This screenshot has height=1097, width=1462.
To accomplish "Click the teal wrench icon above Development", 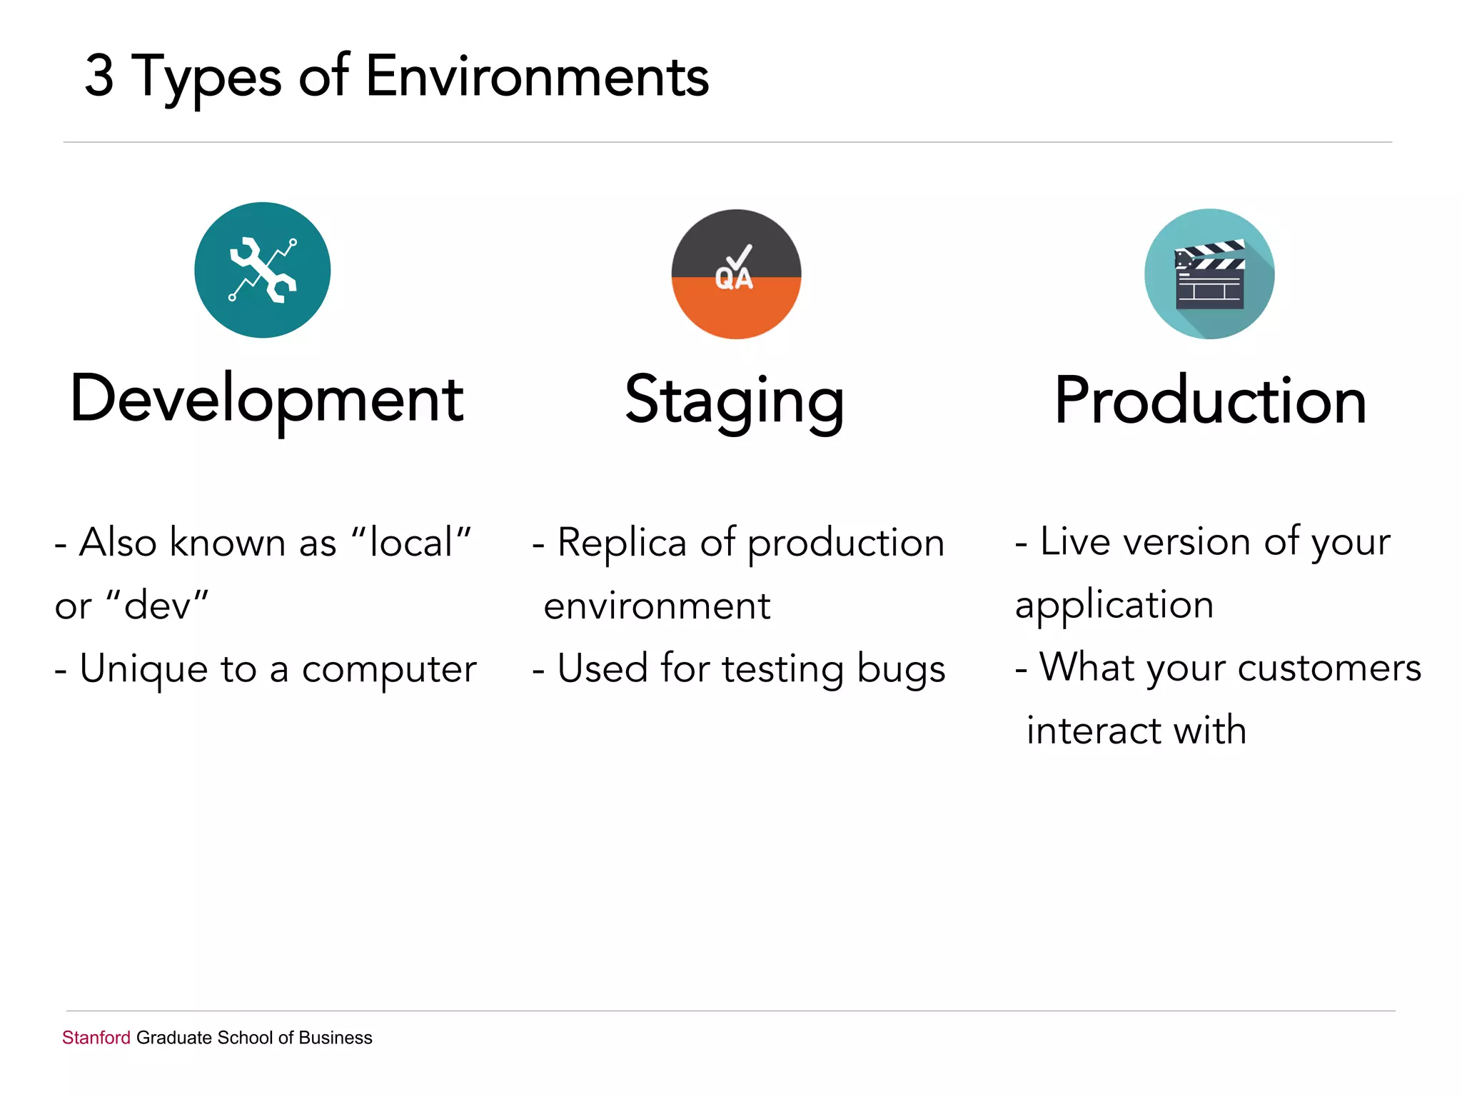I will (263, 270).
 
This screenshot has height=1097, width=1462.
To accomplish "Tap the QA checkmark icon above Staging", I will (736, 274).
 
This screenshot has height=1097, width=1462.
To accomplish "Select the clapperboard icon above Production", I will (1209, 274).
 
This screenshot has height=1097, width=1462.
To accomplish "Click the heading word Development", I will (267, 400).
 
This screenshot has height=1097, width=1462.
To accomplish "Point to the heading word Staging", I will (735, 401).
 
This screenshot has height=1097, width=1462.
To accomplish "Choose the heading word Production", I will (1211, 401).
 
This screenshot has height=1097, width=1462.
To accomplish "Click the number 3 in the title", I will (100, 76).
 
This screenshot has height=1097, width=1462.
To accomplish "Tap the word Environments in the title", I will (537, 76).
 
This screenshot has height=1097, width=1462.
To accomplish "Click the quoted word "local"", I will (412, 542).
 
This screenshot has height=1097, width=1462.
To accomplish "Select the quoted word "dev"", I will (157, 606).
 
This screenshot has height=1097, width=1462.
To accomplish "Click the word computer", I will (389, 670).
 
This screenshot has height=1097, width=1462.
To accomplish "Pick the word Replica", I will (622, 543).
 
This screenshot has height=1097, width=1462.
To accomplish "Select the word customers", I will (1329, 668).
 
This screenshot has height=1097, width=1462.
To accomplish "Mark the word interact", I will (1093, 731).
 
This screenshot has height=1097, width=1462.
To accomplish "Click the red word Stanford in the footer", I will (96, 1038).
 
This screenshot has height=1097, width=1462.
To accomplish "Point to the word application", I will (1114, 606).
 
